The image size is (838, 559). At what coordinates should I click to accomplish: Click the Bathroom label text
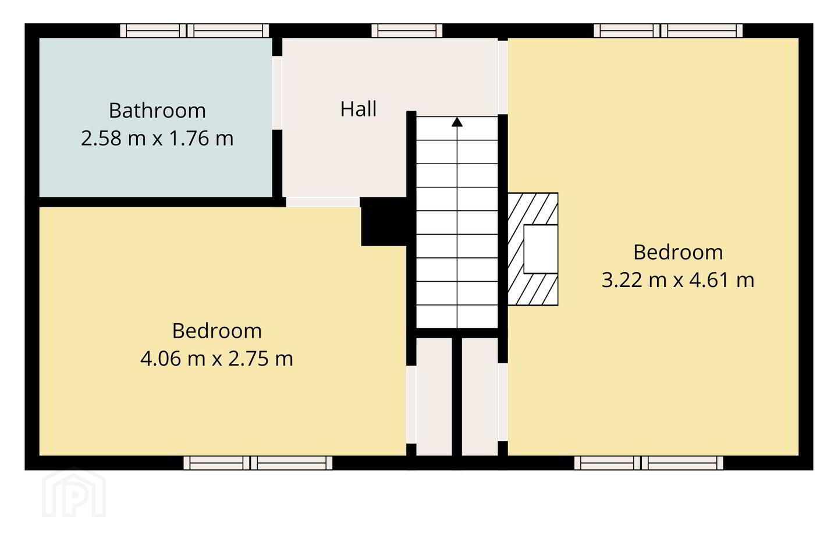coord(157,111)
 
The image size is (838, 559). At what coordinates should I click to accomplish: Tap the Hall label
coord(358,109)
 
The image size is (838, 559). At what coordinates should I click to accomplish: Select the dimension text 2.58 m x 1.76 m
coord(157,138)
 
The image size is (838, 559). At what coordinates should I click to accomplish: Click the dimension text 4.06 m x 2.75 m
coord(216,358)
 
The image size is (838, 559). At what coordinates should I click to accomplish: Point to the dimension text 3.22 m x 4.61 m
coord(678,280)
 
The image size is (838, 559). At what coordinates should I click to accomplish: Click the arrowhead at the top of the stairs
coord(457,122)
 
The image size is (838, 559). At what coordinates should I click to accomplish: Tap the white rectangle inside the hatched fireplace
coord(541,249)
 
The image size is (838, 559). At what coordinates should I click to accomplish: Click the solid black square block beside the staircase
coord(384,222)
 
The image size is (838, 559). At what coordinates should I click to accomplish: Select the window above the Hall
coord(407,31)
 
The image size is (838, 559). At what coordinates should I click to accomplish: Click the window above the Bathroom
coord(194,31)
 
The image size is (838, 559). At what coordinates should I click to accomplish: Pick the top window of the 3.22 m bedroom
coord(668,31)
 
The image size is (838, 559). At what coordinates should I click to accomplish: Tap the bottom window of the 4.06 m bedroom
coord(258,463)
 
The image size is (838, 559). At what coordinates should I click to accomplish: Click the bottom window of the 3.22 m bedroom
coord(649,463)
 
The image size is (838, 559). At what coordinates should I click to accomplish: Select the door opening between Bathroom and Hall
coord(277,93)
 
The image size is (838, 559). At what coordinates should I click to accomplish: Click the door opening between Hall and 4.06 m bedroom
coord(323,202)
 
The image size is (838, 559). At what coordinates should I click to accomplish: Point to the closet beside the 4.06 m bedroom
coord(434,397)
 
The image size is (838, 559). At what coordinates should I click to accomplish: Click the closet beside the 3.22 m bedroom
coord(480,397)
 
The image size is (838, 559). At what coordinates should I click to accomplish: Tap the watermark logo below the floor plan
coord(74,493)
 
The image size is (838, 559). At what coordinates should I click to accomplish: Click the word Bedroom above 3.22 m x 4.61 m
coord(678,252)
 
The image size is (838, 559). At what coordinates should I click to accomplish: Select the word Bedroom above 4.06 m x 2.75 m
coord(216,331)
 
